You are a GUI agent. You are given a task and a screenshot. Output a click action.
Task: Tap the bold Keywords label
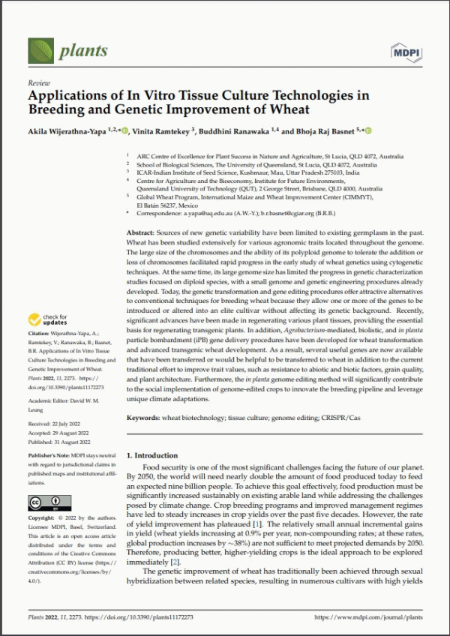pos(145,417)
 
